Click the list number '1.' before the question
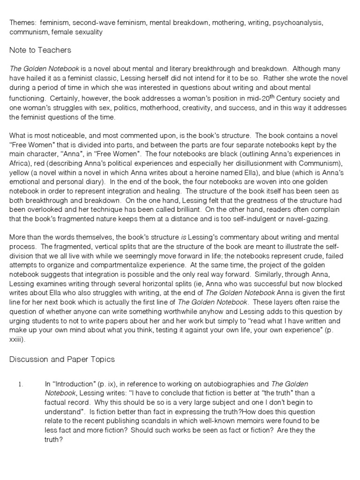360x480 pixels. point(20,384)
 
